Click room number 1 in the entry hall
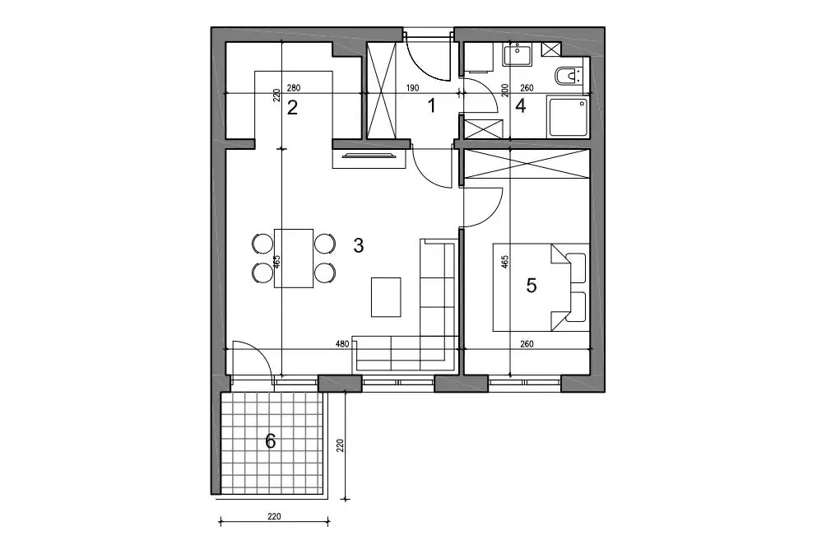point(431,106)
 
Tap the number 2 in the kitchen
point(292,108)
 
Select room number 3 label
point(359,245)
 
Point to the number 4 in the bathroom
point(521,106)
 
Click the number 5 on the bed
point(532,286)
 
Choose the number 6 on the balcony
point(271,441)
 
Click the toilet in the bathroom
point(570,77)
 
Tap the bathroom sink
point(518,54)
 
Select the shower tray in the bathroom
point(568,116)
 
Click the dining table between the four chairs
point(294,258)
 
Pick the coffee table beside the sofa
point(386,297)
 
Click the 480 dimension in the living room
point(342,343)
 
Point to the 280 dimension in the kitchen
point(294,88)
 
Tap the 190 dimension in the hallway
point(412,88)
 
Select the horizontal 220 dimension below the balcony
point(274,516)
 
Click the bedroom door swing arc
point(495,212)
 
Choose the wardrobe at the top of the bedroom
point(527,165)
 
